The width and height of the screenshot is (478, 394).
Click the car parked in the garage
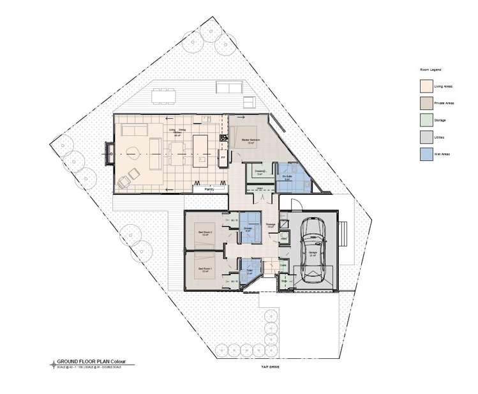click(313, 250)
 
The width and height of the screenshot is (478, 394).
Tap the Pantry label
click(209, 190)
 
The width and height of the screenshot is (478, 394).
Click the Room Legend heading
click(431, 69)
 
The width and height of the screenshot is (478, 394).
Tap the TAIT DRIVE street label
click(269, 368)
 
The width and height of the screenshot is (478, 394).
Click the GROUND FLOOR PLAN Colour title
click(91, 362)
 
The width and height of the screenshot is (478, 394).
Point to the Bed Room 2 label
click(204, 232)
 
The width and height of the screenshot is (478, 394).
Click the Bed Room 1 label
click(204, 269)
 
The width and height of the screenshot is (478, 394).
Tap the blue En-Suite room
click(290, 176)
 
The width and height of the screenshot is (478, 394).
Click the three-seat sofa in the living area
click(133, 131)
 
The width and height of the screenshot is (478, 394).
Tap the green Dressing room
click(261, 172)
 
